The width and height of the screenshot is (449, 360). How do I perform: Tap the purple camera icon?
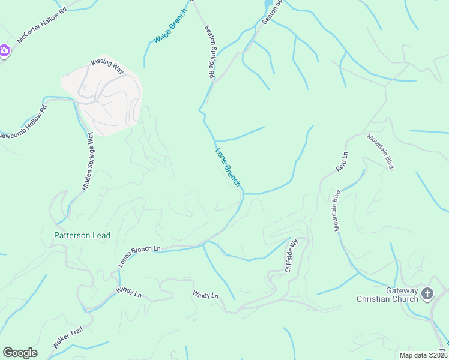pos(4,50)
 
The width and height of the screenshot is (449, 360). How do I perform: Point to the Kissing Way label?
pos(107,66)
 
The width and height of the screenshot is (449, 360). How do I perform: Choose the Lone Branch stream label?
pos(228,167)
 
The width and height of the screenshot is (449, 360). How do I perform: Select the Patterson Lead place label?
pos(82,236)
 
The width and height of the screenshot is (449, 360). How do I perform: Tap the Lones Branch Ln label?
pos(140,256)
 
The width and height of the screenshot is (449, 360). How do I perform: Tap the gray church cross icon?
pos(427,294)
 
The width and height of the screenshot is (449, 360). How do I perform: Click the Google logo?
pos(20,353)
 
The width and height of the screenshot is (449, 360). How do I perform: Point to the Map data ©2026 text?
pos(423,355)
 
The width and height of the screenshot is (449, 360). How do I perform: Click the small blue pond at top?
pos(268,5)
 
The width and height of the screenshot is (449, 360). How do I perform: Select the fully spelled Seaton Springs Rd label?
pos(209,52)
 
